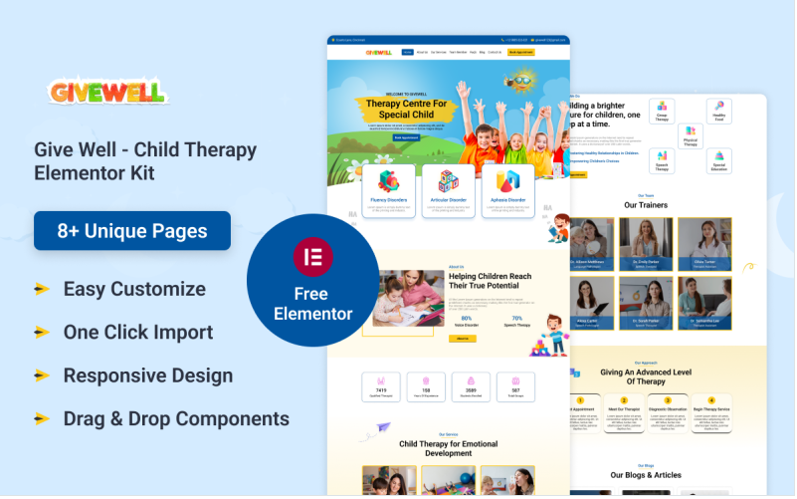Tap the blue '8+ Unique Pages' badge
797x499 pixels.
pyautogui.click(x=132, y=231)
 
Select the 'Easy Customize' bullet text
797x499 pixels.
pyautogui.click(x=134, y=289)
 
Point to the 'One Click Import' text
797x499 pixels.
pyautogui.click(x=138, y=332)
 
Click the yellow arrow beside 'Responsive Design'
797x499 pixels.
pyautogui.click(x=42, y=375)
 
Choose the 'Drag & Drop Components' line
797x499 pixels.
pyautogui.click(x=176, y=418)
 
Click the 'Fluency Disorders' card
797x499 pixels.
pyautogui.click(x=388, y=190)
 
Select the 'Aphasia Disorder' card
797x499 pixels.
pyautogui.click(x=507, y=190)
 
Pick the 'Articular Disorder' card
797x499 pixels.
pyautogui.click(x=448, y=190)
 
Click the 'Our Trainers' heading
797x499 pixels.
pyautogui.click(x=646, y=205)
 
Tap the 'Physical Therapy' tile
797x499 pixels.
pyautogui.click(x=690, y=136)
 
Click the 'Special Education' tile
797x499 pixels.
pyautogui.click(x=718, y=160)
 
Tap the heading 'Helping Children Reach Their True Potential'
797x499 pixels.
pyautogui.click(x=490, y=281)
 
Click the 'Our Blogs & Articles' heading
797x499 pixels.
pyautogui.click(x=646, y=475)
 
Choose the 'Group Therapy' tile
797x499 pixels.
pyautogui.click(x=662, y=111)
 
